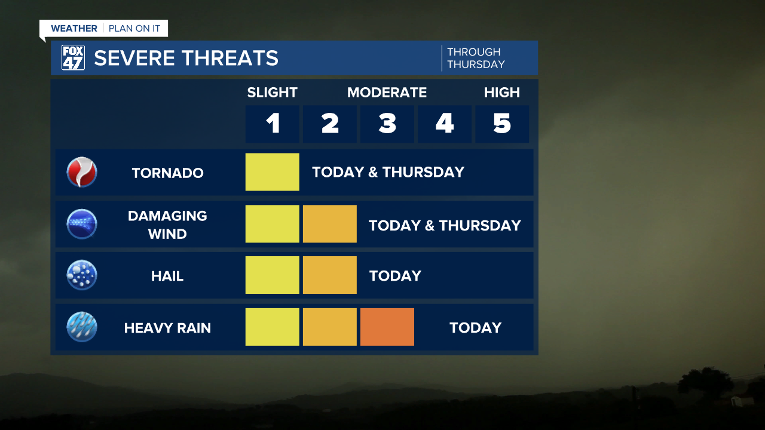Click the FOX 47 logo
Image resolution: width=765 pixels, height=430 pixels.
coord(73,58)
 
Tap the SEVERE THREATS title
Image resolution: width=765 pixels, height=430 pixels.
coord(186,58)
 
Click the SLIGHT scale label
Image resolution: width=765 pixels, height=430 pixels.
coord(272,93)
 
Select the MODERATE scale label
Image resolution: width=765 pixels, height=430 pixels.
coord(387,93)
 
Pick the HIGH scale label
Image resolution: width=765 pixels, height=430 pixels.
coord(502,93)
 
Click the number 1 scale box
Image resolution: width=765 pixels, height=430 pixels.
coord(273,124)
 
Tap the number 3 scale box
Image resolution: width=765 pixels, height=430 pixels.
coord(387,124)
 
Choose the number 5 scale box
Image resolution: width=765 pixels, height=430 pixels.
coord(502,124)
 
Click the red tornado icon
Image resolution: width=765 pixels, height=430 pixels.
coord(82,172)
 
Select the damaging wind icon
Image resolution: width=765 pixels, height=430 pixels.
coord(82,224)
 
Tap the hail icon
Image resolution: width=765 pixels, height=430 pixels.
coord(82,275)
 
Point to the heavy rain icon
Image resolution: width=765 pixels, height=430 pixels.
coord(82,327)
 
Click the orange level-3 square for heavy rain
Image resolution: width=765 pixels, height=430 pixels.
coord(387,327)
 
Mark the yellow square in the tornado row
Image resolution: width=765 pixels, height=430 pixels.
coord(273,172)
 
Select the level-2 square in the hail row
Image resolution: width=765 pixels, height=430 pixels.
coord(330,275)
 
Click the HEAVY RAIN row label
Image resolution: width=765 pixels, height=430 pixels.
coord(167,328)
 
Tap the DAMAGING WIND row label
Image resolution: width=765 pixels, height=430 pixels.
coord(167,225)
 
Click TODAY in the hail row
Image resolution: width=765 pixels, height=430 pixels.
coord(395,276)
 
